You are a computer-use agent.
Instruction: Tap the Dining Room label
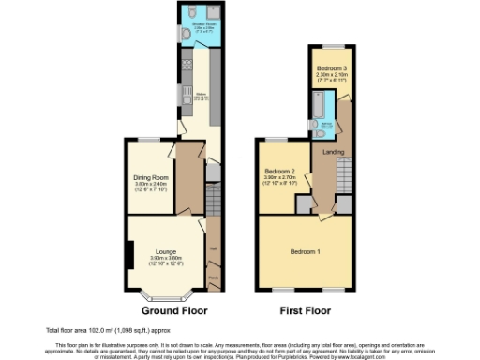coord(150,177)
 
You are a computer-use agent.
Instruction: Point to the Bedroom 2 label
coord(280,171)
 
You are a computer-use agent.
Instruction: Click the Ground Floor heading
coord(173,309)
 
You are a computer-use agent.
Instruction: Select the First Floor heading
coord(307,309)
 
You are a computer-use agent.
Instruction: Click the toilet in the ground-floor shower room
coord(187,35)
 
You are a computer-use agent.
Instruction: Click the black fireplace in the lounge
coord(129,252)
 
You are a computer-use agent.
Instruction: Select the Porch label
coord(213,277)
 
